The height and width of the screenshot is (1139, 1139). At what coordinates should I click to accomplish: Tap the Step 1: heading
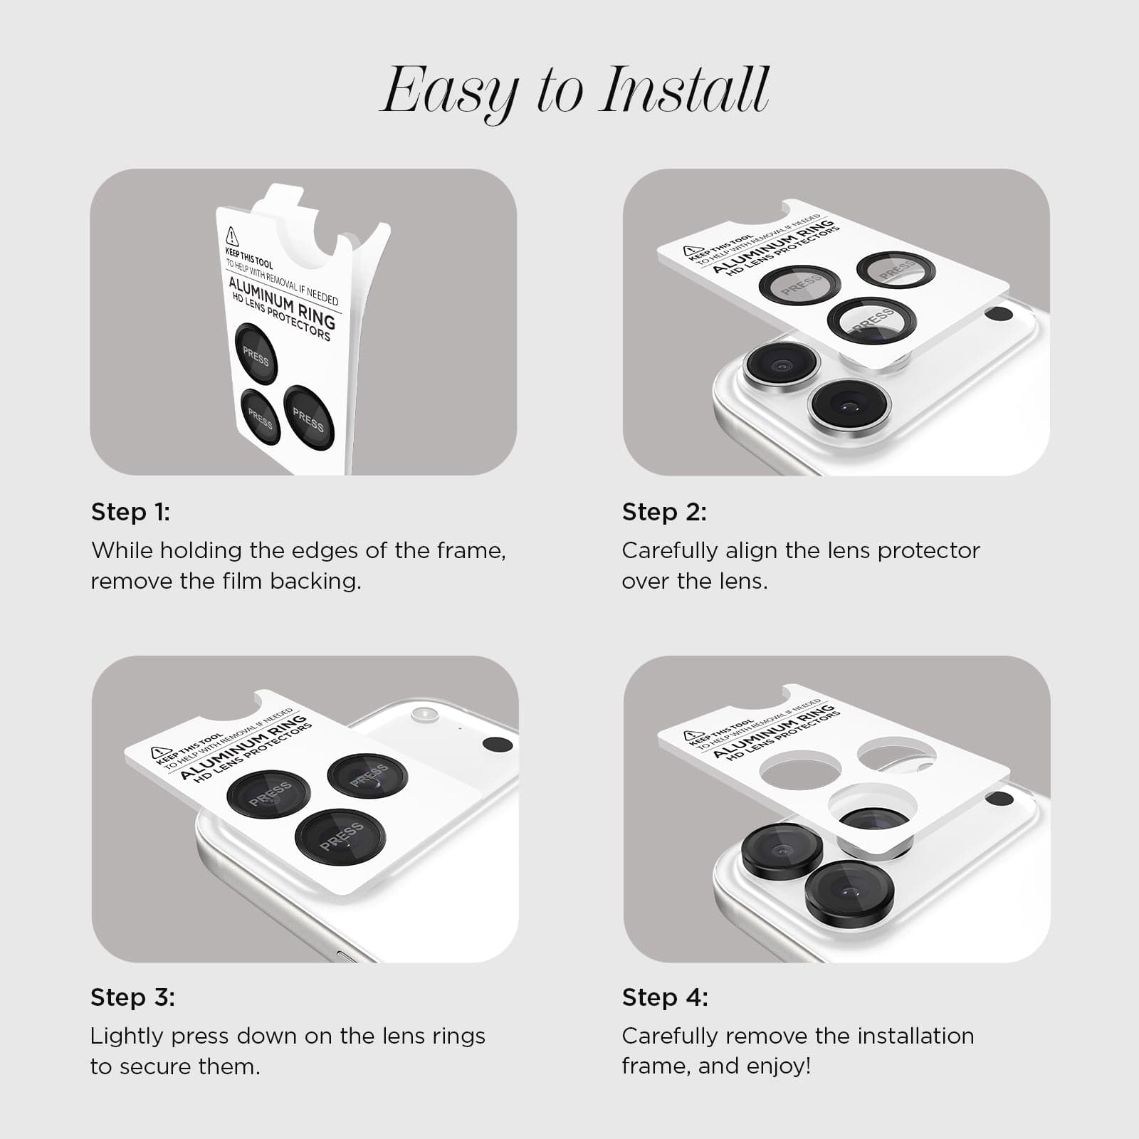[130, 512]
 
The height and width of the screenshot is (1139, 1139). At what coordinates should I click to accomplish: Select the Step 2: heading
[664, 512]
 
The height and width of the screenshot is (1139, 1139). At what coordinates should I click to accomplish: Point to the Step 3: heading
[132, 997]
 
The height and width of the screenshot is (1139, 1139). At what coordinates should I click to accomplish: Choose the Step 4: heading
[665, 997]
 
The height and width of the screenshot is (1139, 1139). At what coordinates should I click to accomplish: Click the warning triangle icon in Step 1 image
[232, 236]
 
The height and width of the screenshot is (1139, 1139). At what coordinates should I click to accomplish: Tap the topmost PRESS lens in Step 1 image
[256, 354]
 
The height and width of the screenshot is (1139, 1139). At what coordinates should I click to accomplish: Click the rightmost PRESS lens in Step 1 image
[308, 419]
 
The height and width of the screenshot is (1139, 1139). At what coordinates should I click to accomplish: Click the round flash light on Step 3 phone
[424, 713]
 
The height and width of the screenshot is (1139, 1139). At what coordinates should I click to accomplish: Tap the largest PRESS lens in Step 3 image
[340, 837]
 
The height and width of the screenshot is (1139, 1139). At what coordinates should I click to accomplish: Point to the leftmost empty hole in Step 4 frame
[800, 773]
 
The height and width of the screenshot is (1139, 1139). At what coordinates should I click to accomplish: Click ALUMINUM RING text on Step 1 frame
[282, 301]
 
